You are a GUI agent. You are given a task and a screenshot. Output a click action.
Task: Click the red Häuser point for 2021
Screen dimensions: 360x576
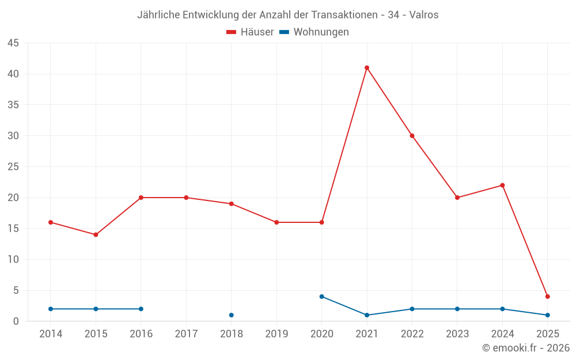[367, 68]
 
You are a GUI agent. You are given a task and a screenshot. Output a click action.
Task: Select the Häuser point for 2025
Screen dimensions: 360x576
[548, 297]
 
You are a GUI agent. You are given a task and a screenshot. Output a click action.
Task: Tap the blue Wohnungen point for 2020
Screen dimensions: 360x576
[322, 297]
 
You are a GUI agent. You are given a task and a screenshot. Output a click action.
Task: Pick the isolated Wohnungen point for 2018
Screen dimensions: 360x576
[232, 315]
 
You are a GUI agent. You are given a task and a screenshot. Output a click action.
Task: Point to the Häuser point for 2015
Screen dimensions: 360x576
[96, 234]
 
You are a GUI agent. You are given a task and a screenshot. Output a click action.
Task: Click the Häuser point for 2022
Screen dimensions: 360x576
[412, 136]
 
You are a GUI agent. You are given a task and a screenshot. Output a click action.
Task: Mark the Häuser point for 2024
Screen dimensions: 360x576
[502, 185]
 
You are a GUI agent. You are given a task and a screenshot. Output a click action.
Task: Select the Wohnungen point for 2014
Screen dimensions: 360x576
[51, 309]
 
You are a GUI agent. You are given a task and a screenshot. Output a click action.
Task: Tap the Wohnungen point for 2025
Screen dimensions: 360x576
[548, 315]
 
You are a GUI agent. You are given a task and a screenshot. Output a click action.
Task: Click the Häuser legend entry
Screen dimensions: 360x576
[250, 32]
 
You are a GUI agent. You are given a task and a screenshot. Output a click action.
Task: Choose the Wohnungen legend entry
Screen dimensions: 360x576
[314, 32]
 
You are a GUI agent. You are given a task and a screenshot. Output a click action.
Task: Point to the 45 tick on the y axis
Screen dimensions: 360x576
[13, 43]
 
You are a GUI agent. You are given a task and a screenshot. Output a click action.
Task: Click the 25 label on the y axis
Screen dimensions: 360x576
[13, 167]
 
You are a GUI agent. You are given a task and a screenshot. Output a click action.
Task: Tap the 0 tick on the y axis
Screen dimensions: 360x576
[16, 321]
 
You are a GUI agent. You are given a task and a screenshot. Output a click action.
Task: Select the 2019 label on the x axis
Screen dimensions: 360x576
[276, 334]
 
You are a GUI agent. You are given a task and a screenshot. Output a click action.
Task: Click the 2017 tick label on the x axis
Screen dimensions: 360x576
[186, 334]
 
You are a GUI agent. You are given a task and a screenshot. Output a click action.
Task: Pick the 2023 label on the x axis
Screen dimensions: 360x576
[457, 334]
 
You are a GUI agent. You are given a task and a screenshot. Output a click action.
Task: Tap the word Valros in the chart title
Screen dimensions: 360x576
[424, 15]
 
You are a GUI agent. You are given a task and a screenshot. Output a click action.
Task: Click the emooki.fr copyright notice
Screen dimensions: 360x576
[526, 348]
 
